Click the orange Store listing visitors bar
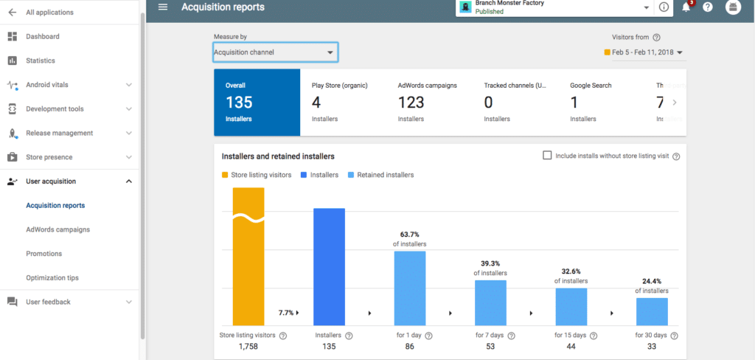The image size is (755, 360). (248, 258)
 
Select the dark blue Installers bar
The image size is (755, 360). (329, 266)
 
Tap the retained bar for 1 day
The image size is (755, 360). (409, 288)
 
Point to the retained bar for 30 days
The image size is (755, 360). (652, 311)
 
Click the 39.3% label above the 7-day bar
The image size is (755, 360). (490, 263)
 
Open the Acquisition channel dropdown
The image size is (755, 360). (274, 52)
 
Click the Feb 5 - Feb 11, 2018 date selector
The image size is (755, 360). (644, 52)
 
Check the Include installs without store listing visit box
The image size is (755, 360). (547, 156)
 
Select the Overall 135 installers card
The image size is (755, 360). (257, 103)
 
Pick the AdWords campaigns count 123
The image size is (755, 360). (411, 103)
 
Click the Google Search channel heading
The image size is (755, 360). (591, 86)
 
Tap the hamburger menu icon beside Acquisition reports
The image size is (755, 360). (163, 7)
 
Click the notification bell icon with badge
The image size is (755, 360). (686, 7)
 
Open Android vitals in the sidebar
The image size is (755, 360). (47, 85)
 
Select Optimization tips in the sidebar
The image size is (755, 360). (52, 278)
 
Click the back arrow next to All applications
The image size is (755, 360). (12, 13)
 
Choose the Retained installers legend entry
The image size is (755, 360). (385, 175)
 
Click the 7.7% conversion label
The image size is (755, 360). (287, 313)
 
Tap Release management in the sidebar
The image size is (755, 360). (59, 133)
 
